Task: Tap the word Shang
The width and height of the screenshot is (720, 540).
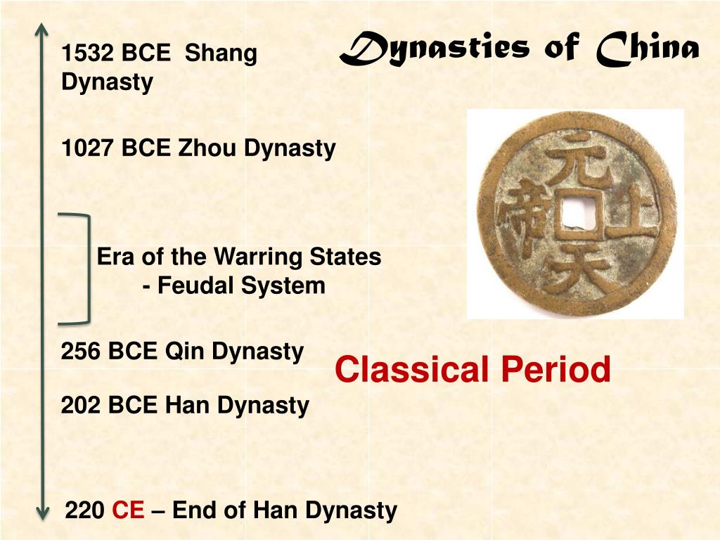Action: click(x=221, y=53)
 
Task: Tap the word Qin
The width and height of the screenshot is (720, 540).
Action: click(x=185, y=351)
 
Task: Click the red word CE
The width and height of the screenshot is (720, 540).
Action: click(x=128, y=510)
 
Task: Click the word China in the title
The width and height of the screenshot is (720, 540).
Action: click(x=647, y=49)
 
